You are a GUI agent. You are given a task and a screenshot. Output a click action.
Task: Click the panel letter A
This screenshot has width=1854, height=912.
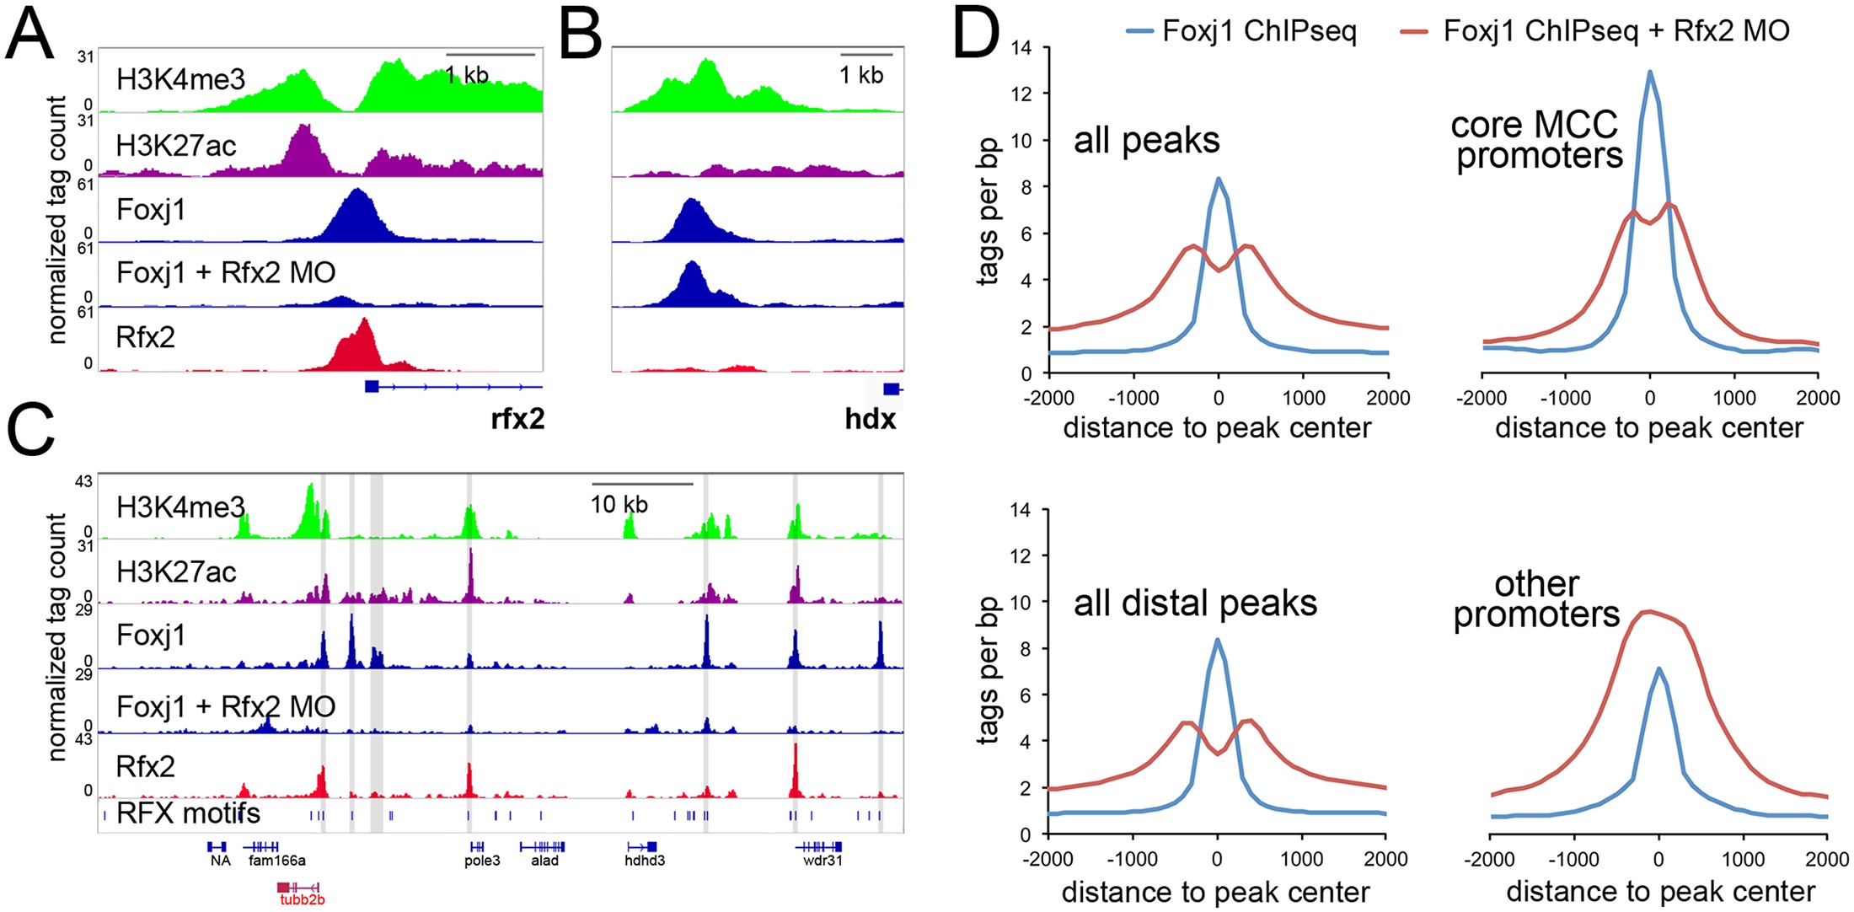[x=30, y=35]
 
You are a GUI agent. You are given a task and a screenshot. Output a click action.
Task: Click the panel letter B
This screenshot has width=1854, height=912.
[x=580, y=35]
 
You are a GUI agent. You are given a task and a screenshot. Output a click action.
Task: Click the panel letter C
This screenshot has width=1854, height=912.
[x=30, y=430]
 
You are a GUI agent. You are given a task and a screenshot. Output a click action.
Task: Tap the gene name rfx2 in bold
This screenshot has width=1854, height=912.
[x=517, y=418]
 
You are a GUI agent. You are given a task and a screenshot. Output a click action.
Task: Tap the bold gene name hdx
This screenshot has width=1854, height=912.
[x=870, y=418]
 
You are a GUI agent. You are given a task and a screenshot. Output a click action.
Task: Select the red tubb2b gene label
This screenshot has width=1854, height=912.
[x=302, y=899]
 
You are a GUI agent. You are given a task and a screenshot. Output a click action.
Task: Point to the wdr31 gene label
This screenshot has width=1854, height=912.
[x=823, y=861]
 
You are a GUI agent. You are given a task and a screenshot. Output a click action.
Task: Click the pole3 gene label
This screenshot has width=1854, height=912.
[x=482, y=861]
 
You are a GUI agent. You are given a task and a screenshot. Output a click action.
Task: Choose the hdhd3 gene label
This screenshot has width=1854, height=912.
[x=645, y=861]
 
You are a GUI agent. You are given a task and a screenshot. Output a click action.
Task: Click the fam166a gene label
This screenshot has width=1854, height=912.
[x=277, y=861]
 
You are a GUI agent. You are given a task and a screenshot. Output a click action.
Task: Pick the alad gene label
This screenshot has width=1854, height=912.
[x=544, y=861]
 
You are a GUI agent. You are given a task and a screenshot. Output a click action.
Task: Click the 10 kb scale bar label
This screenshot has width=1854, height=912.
[x=619, y=505]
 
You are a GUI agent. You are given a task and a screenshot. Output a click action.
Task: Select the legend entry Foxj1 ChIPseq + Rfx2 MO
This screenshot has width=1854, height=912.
[x=1616, y=31]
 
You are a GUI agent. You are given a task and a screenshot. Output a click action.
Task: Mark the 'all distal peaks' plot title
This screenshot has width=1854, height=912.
[x=1195, y=604]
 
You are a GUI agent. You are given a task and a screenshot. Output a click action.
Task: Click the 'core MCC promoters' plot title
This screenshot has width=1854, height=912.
[x=1536, y=140]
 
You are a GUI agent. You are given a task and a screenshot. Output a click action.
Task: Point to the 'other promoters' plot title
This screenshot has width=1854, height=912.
[x=1536, y=599]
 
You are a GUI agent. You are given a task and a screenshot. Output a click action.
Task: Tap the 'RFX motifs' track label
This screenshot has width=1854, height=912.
[x=188, y=813]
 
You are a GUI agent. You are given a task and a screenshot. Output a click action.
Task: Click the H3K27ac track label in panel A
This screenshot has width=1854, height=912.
[x=176, y=146]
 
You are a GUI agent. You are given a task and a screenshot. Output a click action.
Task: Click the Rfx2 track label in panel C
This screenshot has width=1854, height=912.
[x=145, y=766]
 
